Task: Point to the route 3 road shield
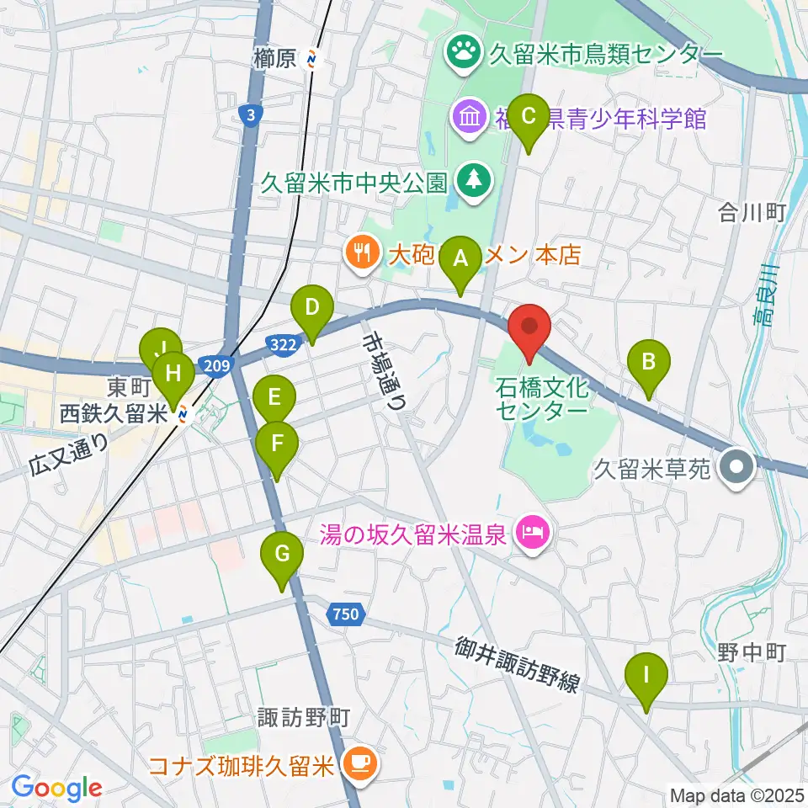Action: (247, 115)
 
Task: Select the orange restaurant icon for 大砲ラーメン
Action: (361, 252)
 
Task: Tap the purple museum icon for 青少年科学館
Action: (467, 116)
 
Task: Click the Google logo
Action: (56, 788)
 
